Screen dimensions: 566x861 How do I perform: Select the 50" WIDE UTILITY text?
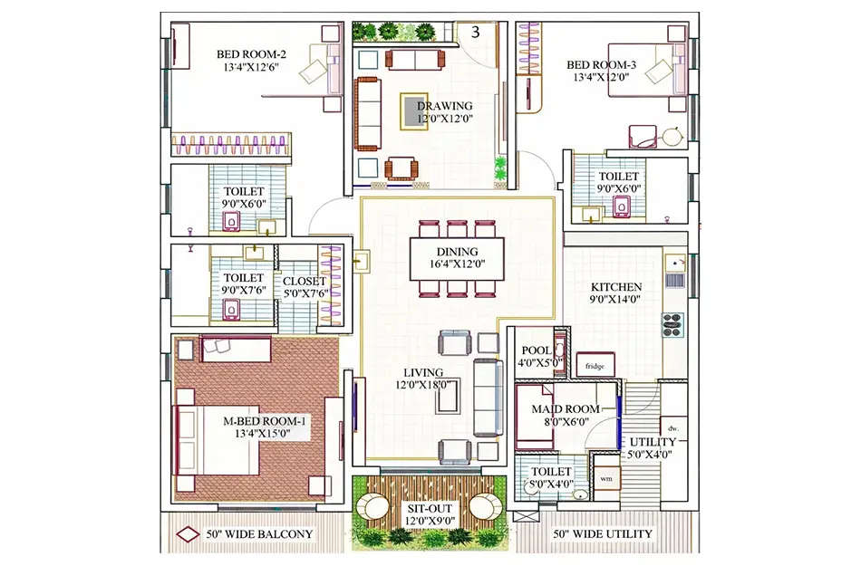[x=602, y=533]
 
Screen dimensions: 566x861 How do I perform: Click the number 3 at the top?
[x=475, y=34]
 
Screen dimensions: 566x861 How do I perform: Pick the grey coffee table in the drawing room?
[x=416, y=107]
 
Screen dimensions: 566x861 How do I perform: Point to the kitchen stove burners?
[x=672, y=323]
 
